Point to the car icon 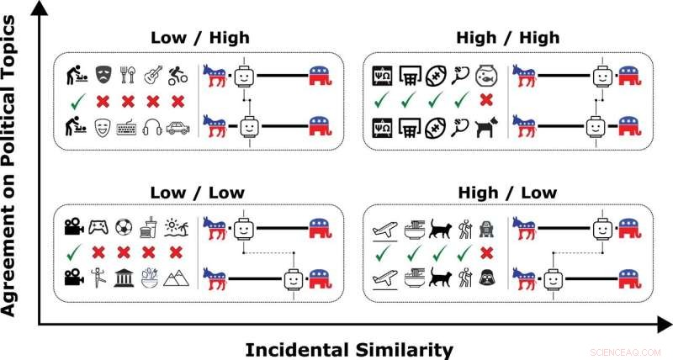pos(178,128)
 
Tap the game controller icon pos(99,227)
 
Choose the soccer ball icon pos(125,227)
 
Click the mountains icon pos(178,277)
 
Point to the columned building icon pos(125,277)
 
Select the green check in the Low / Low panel pos(73,251)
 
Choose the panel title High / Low pos(506,193)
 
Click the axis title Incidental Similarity pos(349,348)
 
